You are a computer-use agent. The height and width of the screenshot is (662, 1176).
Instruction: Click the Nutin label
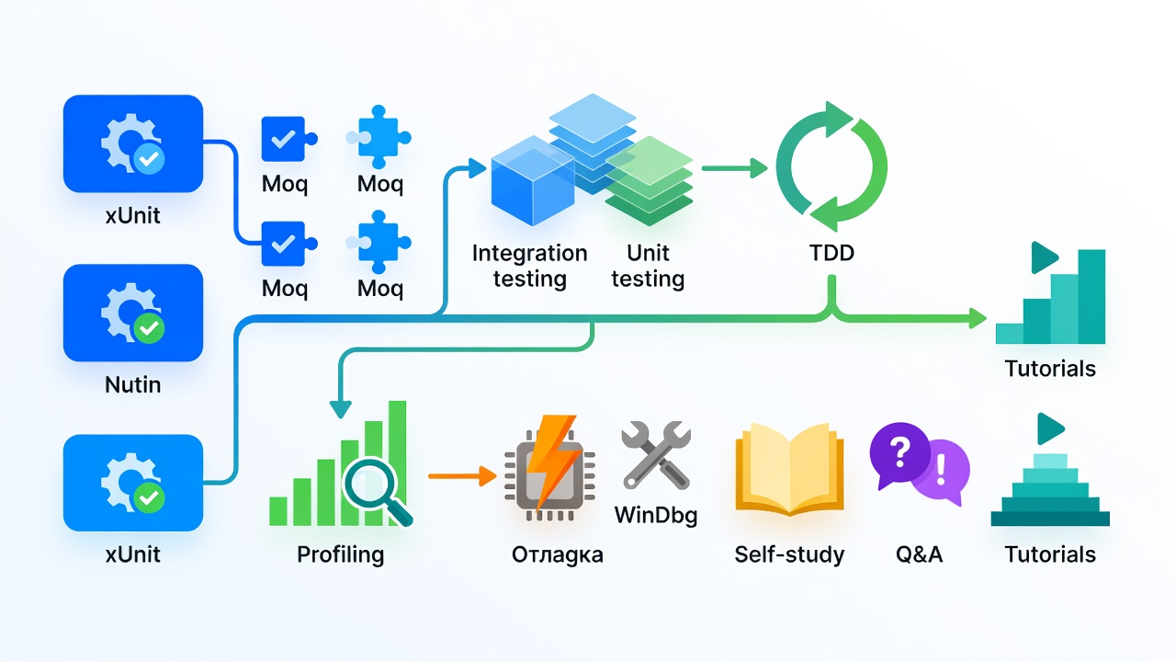click(x=133, y=384)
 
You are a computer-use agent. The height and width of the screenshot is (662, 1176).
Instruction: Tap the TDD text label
click(x=831, y=253)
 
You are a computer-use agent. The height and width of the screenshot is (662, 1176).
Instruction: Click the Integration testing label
click(x=529, y=266)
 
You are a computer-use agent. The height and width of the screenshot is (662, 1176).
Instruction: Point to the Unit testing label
click(x=648, y=266)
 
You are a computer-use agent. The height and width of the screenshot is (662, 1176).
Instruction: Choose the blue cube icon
click(x=533, y=181)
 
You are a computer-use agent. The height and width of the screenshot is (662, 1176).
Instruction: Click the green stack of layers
click(x=649, y=181)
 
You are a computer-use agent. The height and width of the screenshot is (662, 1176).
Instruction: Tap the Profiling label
click(x=340, y=554)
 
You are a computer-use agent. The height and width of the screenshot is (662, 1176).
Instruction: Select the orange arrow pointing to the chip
click(x=462, y=476)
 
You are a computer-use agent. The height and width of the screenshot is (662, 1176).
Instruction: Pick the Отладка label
click(x=557, y=554)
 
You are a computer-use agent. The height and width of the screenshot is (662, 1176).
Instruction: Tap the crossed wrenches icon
click(x=656, y=455)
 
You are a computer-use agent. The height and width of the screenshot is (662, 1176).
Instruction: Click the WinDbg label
click(x=656, y=515)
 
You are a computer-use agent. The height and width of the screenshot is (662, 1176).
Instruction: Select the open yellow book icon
click(x=789, y=469)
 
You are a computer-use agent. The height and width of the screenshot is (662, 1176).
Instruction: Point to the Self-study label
click(x=789, y=554)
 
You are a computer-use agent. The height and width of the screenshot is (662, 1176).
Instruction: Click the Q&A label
click(x=920, y=554)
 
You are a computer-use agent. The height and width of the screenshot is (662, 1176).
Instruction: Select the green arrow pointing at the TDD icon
click(x=734, y=168)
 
